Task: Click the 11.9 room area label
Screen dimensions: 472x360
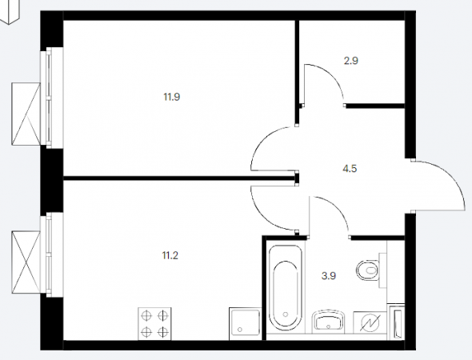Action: coord(172,97)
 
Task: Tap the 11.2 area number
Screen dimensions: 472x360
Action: coord(170,256)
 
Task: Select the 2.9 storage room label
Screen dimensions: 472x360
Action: coord(351,61)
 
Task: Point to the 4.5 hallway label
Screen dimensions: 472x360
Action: coord(350,169)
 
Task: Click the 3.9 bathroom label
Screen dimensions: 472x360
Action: coord(329,276)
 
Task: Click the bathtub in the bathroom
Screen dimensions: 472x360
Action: coord(286,288)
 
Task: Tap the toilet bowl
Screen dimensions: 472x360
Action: coord(368,270)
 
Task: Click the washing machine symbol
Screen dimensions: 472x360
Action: coord(370,322)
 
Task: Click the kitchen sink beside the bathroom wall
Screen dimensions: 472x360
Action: coord(245,324)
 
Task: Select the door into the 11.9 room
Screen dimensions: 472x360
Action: coord(262,142)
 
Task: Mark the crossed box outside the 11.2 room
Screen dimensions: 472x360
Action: coord(26,262)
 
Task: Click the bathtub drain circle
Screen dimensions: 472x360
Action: coord(286,314)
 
